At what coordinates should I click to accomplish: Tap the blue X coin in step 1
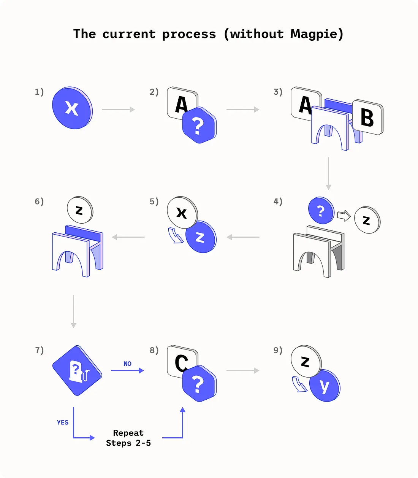72,108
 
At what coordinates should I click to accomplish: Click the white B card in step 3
367,118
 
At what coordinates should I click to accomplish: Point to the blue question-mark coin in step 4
321,210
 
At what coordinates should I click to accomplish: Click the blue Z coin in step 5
201,237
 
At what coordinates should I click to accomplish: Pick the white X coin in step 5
182,212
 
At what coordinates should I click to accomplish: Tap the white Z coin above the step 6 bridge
79,210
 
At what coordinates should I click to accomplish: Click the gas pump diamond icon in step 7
77,371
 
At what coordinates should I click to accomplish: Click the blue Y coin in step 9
324,386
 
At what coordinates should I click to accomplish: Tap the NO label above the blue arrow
127,364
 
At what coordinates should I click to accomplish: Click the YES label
63,422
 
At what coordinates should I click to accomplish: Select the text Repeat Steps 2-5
128,438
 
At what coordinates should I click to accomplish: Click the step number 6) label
39,201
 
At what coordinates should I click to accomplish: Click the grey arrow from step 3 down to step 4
328,173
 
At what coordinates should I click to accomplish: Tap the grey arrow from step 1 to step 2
119,110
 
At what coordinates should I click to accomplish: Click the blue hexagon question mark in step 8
199,384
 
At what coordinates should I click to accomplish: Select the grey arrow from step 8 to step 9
243,370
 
